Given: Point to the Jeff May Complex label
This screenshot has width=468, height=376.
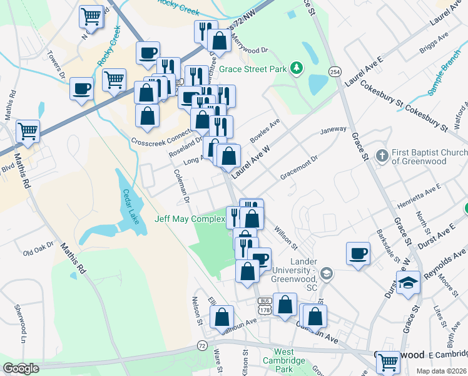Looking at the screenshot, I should [190, 219].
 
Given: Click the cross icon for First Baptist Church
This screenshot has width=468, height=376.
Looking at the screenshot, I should [382, 154].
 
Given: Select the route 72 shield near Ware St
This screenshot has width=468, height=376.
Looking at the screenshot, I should [201, 345].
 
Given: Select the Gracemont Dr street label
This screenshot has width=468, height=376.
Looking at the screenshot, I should [300, 167].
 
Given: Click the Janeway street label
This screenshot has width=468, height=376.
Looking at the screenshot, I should [333, 130].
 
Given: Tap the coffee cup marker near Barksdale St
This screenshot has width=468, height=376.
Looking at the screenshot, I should [358, 253].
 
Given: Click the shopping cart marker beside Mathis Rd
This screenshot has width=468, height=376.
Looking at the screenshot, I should [28, 132].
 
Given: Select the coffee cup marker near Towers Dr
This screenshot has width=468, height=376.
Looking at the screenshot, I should [82, 88].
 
